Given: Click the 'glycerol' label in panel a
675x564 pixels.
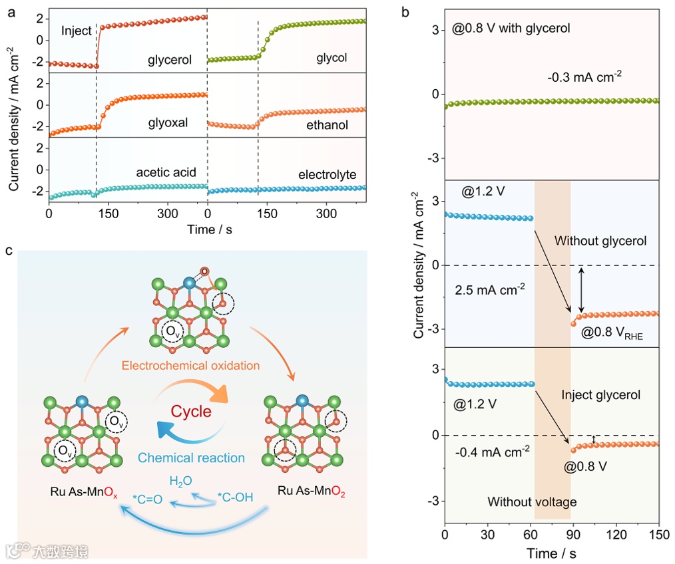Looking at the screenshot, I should click(x=170, y=60).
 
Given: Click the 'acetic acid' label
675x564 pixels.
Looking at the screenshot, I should click(x=167, y=174).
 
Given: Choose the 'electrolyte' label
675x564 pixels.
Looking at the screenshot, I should click(x=328, y=175).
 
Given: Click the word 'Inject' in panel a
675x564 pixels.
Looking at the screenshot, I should click(x=76, y=31).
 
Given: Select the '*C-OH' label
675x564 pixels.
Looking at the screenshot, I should click(x=235, y=496).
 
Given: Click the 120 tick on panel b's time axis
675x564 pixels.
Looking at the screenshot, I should click(x=616, y=534).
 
